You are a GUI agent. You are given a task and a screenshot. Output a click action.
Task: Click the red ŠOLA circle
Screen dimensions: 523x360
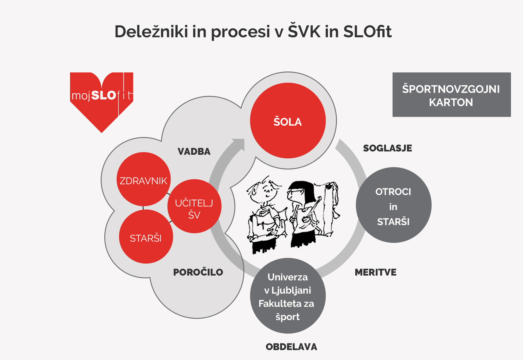[288, 121]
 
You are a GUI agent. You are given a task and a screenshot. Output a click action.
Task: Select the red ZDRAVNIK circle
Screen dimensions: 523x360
[144, 179]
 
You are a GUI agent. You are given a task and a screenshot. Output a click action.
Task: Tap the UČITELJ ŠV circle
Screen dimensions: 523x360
[194, 206]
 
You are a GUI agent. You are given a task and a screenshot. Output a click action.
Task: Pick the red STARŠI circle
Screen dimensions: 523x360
[146, 236]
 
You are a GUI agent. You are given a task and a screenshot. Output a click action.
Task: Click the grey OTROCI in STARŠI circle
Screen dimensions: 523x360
[394, 205]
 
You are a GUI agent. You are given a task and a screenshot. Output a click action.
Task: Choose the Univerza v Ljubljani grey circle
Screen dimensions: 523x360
[288, 296]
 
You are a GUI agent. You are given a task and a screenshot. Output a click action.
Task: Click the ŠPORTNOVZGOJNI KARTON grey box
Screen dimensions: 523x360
[452, 95]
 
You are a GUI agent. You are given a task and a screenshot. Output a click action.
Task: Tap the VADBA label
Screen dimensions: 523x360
[194, 151]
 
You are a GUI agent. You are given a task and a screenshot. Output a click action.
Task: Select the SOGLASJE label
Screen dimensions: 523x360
[387, 148]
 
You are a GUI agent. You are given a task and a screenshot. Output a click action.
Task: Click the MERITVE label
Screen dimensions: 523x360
[375, 272]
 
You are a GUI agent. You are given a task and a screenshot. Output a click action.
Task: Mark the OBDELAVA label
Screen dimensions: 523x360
[291, 347]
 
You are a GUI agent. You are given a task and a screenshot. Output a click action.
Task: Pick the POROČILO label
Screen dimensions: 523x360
[198, 272]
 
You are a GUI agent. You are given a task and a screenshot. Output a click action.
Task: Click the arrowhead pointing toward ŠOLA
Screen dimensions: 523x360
[239, 144]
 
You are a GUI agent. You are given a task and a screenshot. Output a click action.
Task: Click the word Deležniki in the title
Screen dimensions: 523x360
[151, 31]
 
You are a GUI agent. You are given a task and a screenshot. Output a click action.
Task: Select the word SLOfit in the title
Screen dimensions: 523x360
[367, 31]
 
